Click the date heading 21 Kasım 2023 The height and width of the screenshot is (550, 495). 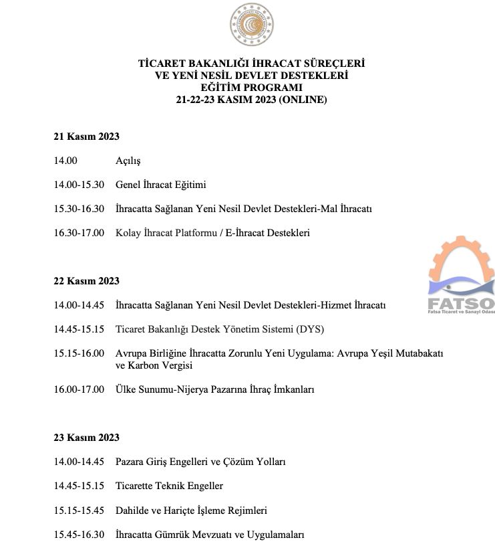click(x=86, y=136)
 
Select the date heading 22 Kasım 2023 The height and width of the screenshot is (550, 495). click(x=86, y=281)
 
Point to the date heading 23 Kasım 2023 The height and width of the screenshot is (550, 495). click(x=86, y=438)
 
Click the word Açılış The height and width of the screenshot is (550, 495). click(x=128, y=161)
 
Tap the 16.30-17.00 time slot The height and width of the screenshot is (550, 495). click(x=79, y=233)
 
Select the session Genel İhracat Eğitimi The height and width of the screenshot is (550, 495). click(x=161, y=185)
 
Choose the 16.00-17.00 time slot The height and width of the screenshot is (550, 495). click(x=79, y=389)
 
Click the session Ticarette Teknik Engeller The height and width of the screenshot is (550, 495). click(x=169, y=486)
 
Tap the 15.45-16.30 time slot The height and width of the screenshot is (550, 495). click(x=79, y=534)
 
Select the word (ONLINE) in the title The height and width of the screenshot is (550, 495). click(x=303, y=100)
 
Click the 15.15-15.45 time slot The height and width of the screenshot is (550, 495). click(x=79, y=510)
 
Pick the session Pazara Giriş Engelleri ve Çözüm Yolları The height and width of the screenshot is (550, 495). click(x=200, y=462)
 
